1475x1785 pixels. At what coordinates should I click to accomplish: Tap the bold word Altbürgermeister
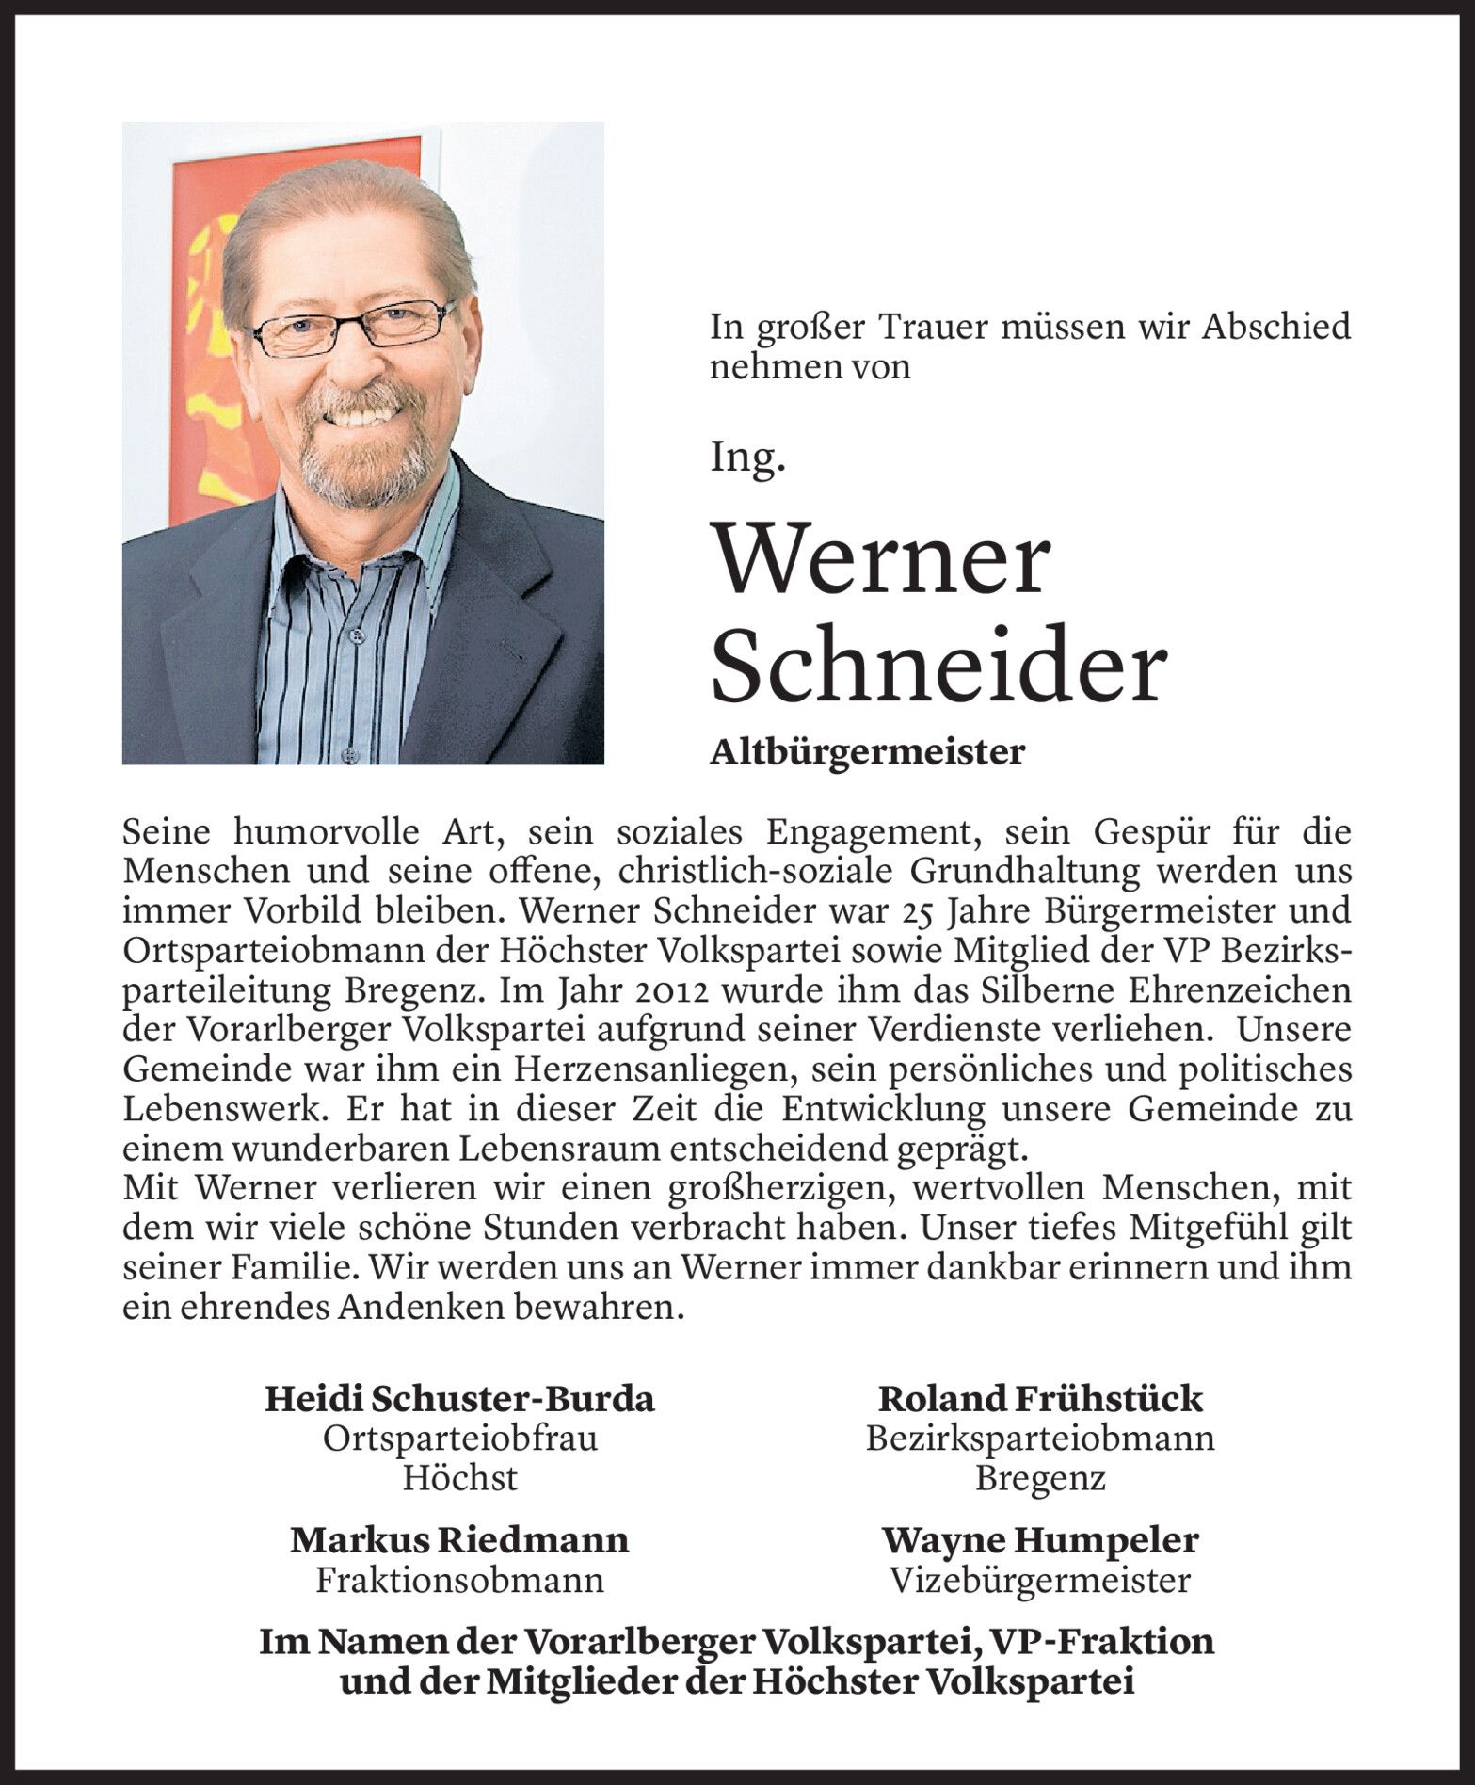point(866,752)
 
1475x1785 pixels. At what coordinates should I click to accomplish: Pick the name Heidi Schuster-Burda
point(459,1398)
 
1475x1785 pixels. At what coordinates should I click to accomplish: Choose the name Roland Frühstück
point(1039,1398)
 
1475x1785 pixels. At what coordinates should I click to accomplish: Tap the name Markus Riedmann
point(459,1540)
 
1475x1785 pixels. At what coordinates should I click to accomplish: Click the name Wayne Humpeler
point(1039,1540)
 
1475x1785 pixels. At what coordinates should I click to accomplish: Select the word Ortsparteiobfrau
point(459,1439)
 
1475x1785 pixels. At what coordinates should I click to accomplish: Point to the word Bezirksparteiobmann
point(1039,1439)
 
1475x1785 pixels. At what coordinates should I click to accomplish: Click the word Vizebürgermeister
point(1039,1581)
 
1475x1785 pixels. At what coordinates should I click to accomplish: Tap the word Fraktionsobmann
point(459,1581)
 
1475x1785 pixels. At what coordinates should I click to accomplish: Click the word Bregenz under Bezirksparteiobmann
point(1039,1479)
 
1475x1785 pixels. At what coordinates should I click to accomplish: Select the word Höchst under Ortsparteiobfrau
point(459,1479)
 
